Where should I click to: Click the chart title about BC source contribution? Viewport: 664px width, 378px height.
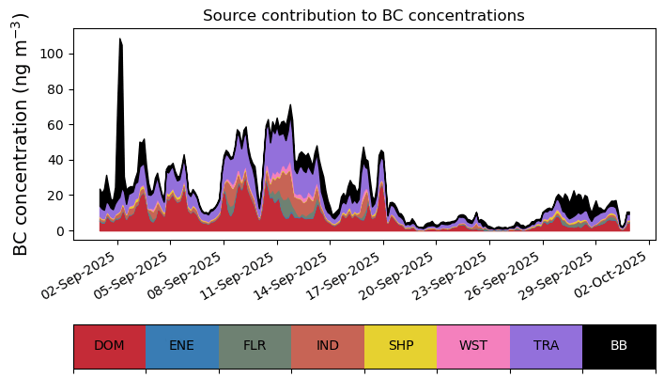pos(363,15)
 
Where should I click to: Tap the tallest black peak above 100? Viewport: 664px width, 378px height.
pos(120,42)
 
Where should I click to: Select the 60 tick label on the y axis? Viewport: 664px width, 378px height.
pos(58,125)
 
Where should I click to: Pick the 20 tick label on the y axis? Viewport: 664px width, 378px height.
pos(58,196)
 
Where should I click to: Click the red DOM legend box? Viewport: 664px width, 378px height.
pos(109,346)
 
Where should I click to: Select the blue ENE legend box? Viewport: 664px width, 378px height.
pos(182,346)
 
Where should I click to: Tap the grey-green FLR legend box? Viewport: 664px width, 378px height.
pos(255,346)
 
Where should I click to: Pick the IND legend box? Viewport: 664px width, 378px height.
pos(328,346)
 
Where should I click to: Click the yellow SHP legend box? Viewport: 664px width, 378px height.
pos(400,346)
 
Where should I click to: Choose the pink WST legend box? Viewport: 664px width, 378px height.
pos(473,346)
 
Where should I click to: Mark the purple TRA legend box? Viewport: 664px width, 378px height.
pos(546,346)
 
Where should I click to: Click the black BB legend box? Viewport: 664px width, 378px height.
pos(619,346)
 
